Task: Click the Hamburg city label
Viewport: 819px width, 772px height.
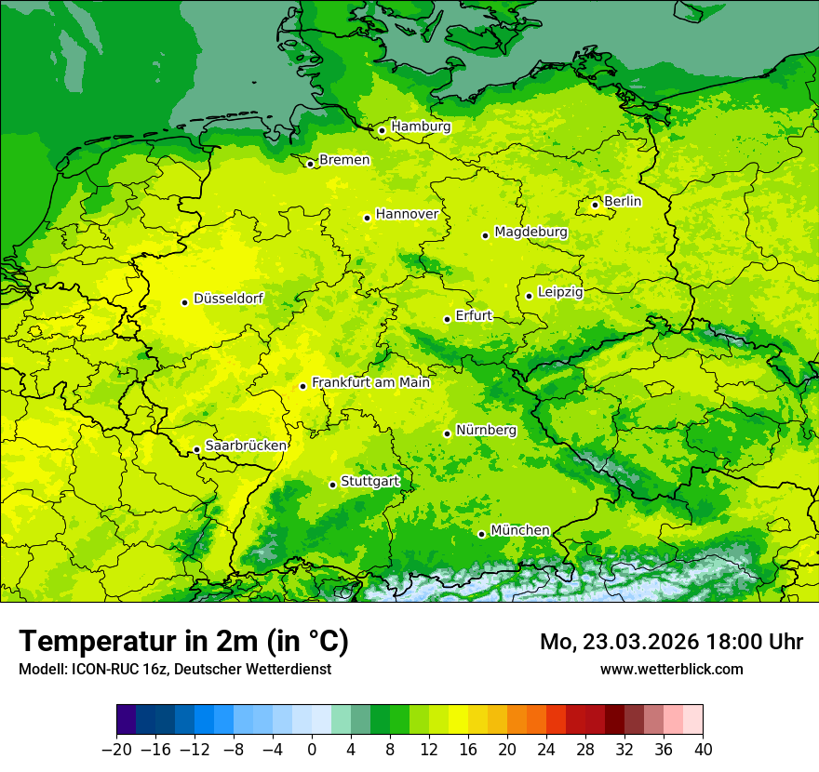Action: pos(421,126)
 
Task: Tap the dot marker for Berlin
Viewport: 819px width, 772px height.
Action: pos(596,205)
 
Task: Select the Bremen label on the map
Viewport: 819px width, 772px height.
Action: pos(344,160)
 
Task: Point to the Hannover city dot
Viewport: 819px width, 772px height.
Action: pos(367,218)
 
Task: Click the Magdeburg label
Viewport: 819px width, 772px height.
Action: pos(530,232)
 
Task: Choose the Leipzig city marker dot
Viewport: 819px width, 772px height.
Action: pos(529,296)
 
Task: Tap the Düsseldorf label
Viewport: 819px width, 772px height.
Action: pos(228,299)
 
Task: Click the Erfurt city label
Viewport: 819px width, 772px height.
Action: pos(474,315)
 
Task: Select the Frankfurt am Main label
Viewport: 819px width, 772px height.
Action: pos(370,382)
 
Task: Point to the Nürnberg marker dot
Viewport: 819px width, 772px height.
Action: pos(447,433)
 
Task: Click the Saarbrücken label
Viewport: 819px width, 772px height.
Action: pos(246,446)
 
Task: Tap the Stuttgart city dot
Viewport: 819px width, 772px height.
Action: pos(332,485)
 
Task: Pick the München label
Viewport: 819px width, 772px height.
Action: pos(519,530)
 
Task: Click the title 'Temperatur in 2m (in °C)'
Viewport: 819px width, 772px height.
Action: pos(183,641)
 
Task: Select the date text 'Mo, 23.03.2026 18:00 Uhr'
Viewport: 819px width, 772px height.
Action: pos(671,642)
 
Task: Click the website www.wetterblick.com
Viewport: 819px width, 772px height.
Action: pos(671,669)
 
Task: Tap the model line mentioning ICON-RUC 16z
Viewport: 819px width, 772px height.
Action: pos(174,669)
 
